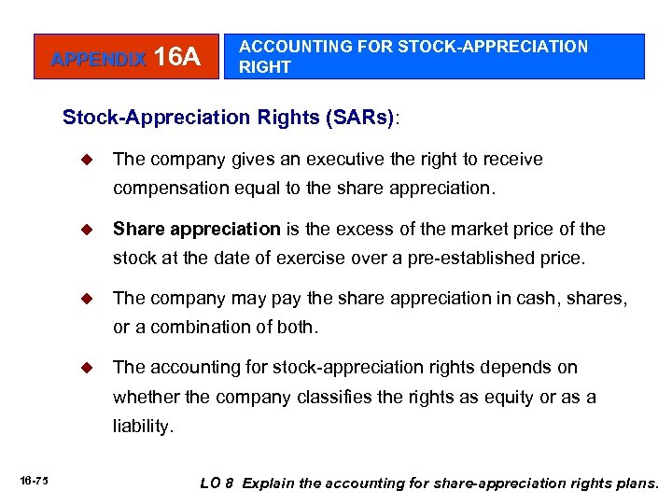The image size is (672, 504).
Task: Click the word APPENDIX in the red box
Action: pyautogui.click(x=98, y=59)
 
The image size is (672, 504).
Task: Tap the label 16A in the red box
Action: pyautogui.click(x=176, y=58)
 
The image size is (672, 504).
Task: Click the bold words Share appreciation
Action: pyautogui.click(x=196, y=229)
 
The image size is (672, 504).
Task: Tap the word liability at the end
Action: pyautogui.click(x=141, y=426)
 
